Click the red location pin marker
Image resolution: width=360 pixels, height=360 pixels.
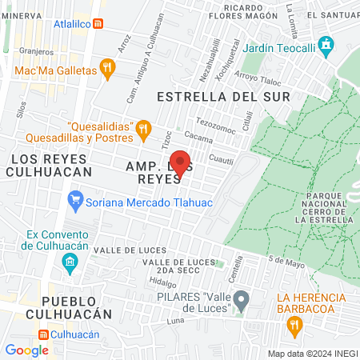(181, 163)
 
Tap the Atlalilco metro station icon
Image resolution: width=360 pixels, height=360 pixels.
(97, 23)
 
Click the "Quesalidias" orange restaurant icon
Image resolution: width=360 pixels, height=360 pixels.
(143, 127)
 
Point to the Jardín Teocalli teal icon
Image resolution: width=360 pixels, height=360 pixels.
(325, 46)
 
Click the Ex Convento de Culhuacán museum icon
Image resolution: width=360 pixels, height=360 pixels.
(70, 262)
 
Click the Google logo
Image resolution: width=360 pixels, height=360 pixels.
(26, 350)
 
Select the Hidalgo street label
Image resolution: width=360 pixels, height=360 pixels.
(162, 282)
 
